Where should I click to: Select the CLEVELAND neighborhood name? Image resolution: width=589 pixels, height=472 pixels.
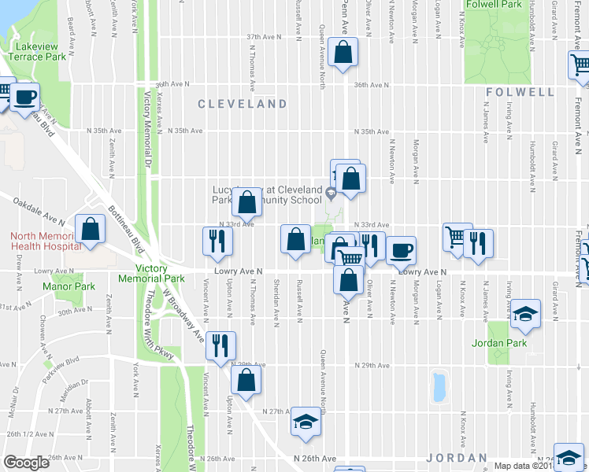242,104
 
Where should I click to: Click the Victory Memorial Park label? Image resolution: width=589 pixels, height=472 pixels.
150,274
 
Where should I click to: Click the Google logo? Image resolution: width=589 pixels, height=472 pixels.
26,463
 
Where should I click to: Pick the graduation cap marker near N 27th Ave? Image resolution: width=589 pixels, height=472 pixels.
305,422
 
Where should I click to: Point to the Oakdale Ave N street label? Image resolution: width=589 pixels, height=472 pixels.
38,208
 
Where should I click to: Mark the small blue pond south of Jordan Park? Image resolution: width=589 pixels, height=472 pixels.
438,386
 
